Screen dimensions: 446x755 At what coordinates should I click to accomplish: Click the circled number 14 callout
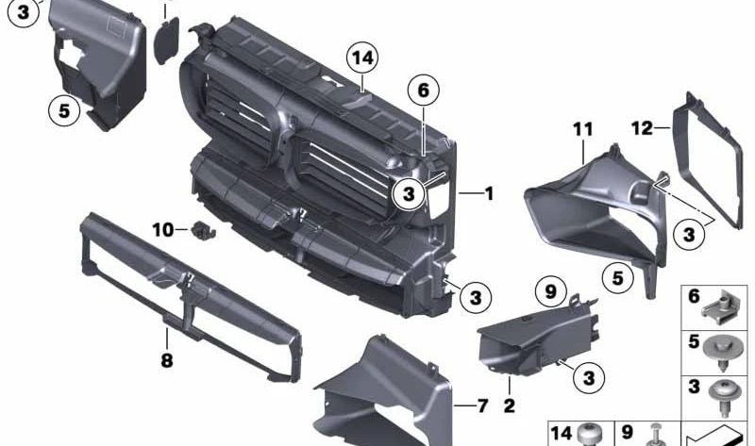coord(362,59)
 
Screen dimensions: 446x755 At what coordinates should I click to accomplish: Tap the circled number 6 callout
coord(424,91)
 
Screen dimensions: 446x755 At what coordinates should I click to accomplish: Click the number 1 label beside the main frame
coord(488,194)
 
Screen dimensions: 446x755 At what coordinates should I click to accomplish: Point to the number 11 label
coord(582,128)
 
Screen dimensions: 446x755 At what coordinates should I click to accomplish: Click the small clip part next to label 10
coord(202,229)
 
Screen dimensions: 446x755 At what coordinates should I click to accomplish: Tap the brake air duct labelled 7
coord(387,396)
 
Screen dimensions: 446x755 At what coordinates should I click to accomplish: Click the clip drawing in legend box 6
coord(725,305)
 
